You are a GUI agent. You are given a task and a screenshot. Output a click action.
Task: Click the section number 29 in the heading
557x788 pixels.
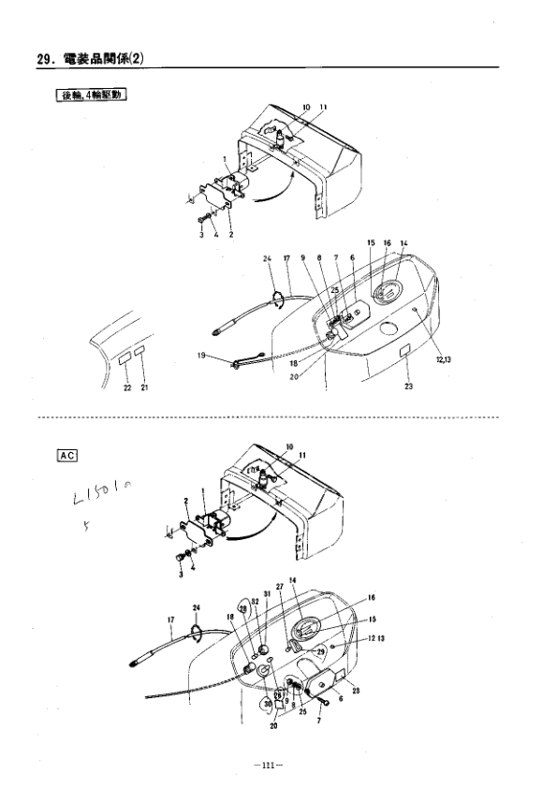[x=43, y=60]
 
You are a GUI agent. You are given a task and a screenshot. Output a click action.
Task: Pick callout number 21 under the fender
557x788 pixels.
[x=145, y=388]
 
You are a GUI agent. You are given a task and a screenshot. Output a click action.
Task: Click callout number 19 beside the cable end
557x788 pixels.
[x=201, y=356]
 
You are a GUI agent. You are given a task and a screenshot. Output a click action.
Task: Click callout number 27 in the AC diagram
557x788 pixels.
[x=280, y=585]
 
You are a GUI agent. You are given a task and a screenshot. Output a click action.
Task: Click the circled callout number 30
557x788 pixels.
[x=267, y=703]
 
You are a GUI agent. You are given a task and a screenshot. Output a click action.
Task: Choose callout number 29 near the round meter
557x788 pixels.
[x=321, y=650]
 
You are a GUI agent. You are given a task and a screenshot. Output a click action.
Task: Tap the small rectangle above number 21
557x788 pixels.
[x=140, y=354]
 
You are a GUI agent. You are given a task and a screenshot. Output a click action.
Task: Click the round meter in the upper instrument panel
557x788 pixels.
[x=386, y=292]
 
